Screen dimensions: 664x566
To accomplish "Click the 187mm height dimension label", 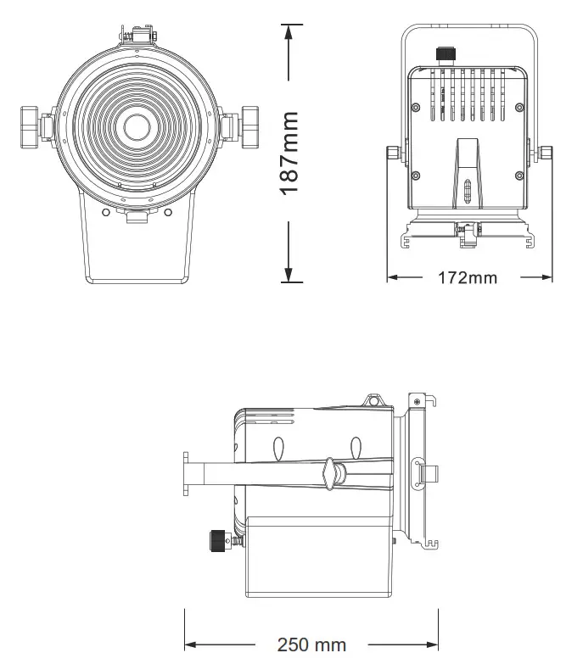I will (290, 153).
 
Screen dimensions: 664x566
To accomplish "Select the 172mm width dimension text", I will (468, 277).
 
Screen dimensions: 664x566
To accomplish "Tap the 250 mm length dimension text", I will (311, 645).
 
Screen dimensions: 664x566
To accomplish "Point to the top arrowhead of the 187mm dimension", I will (290, 31).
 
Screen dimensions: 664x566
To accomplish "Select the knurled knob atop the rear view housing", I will (444, 54).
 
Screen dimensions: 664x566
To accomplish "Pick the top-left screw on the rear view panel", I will (415, 107).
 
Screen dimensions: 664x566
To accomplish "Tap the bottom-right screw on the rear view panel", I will (519, 176).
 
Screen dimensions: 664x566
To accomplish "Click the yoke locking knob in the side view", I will (330, 472).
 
